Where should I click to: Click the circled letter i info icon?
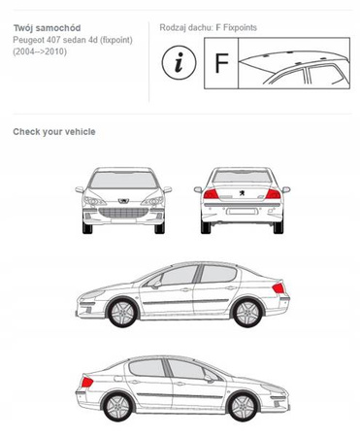click(179, 62)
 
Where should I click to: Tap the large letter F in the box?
click(221, 63)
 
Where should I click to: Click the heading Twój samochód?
click(47, 28)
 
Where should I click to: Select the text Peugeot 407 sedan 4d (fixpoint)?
click(73, 40)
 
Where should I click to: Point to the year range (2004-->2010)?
click(40, 51)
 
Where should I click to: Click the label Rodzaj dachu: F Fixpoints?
click(208, 27)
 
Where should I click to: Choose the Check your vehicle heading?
click(54, 132)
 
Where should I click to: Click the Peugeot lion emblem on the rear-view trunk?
click(242, 193)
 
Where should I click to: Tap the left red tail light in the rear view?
click(211, 194)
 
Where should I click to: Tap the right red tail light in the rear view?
click(273, 194)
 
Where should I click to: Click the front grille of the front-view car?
click(123, 213)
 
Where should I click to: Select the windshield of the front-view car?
click(123, 180)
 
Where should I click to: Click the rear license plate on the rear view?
click(242, 212)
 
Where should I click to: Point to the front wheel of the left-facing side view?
click(122, 313)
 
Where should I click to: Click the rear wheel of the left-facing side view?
click(247, 313)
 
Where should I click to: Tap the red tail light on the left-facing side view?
click(278, 287)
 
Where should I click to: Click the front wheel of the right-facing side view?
click(243, 407)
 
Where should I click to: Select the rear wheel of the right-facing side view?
click(117, 407)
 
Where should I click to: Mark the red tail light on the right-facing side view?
click(87, 382)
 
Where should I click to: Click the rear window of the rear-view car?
click(242, 177)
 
